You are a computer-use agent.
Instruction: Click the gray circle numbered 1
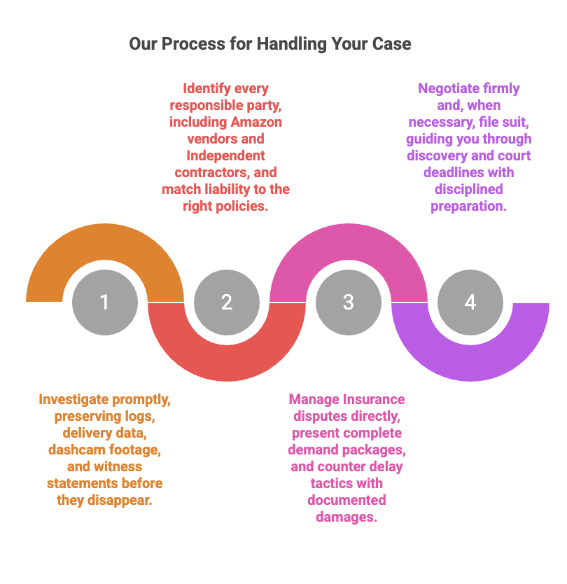(x=104, y=303)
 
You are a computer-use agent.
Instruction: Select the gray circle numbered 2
(x=226, y=303)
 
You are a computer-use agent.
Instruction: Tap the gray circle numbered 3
(x=348, y=303)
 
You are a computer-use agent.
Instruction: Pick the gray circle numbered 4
(x=470, y=303)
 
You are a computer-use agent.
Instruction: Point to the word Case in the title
(x=391, y=44)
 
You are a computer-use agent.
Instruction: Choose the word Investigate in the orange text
(x=73, y=400)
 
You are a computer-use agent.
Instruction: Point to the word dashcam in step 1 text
(x=72, y=450)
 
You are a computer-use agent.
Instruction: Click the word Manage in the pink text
(x=314, y=400)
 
